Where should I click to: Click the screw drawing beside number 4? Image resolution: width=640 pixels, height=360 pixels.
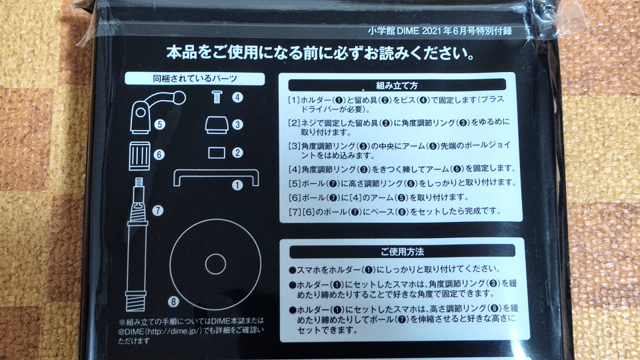217,97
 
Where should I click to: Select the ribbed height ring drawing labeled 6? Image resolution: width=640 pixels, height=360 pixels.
139,155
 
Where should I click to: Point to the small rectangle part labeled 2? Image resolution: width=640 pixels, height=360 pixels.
216,153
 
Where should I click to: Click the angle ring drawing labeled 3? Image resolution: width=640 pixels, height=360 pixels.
216,125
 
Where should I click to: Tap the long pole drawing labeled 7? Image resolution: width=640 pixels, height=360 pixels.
137,244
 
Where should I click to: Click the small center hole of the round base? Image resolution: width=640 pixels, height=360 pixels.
215,264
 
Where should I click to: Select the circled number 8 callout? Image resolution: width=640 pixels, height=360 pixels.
173,301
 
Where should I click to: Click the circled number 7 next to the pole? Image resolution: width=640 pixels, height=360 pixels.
157,210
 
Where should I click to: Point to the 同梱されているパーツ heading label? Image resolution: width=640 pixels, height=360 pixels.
195,79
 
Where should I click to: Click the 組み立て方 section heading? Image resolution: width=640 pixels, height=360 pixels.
397,85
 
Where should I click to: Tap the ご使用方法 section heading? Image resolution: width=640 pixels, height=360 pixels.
402,251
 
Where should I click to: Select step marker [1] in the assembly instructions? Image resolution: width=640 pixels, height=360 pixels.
294,100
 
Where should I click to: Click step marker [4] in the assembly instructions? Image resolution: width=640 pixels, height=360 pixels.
295,169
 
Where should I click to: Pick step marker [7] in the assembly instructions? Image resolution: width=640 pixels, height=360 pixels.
295,211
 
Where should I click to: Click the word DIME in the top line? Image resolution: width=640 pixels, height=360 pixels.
408,31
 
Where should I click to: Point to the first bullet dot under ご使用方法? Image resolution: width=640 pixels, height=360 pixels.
292,270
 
